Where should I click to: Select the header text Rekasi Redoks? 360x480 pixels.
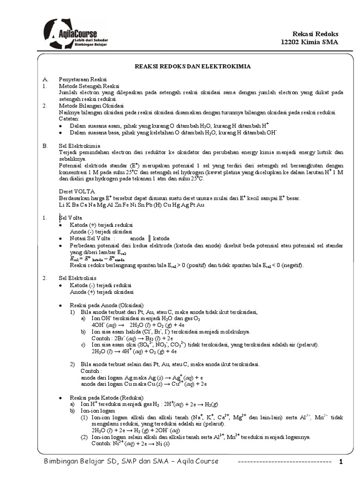315,34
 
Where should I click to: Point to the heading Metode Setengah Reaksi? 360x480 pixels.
89,86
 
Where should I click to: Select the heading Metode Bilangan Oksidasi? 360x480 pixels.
91,106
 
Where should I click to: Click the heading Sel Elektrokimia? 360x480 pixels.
79,146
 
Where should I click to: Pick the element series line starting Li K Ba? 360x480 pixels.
132,205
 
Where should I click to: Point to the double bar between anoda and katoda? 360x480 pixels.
149,238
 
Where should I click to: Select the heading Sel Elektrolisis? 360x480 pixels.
77,278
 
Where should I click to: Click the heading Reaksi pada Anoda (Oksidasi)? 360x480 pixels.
106,305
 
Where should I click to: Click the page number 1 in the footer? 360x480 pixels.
341,462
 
